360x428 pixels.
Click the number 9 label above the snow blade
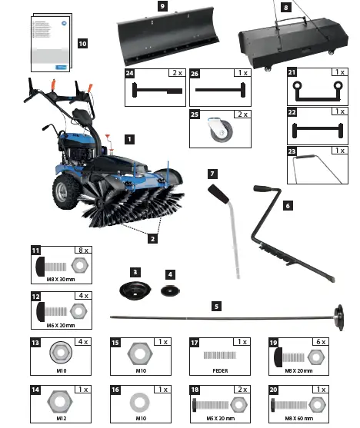tap(162, 5)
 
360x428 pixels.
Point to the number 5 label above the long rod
tap(216, 306)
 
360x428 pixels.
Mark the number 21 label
tap(292, 72)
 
